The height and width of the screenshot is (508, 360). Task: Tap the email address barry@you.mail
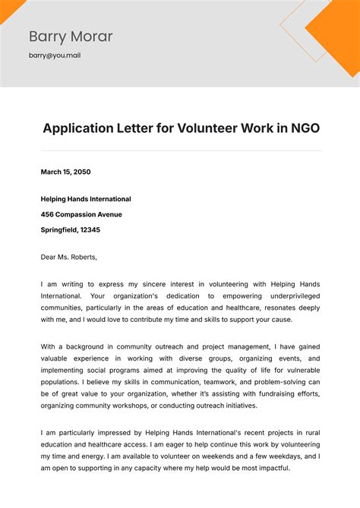coord(54,55)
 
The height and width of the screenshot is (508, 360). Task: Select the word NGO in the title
coord(304,128)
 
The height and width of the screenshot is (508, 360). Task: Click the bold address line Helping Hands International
coord(86,199)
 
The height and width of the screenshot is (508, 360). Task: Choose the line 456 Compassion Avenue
coord(81,214)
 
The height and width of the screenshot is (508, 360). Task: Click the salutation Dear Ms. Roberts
coord(69,257)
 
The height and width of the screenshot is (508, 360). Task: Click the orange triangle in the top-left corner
coord(9,8)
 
